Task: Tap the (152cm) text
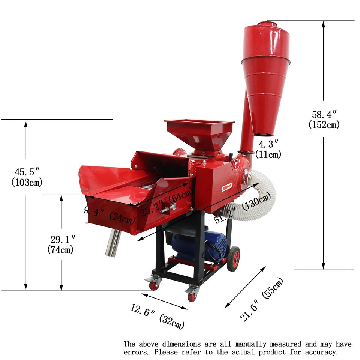[x=324, y=125]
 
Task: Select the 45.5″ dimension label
[x=27, y=172]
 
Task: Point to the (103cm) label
[x=27, y=183]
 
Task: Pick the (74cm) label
[x=61, y=249]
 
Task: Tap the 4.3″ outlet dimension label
[x=268, y=144]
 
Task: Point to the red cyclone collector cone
[x=265, y=82]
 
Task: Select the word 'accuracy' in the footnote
[x=321, y=352]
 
